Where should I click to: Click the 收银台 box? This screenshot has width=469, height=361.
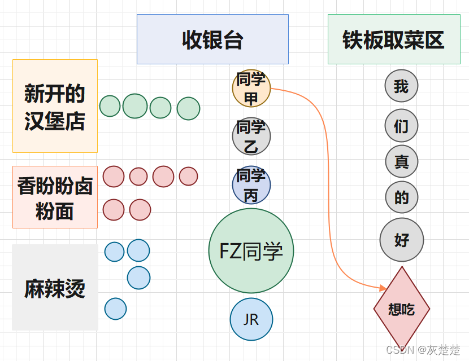coord(212,39)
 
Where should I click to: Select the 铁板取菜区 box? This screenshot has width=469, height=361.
coord(394,39)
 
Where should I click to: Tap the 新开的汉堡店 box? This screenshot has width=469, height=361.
coord(55,106)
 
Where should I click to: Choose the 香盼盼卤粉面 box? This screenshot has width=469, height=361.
coord(55,197)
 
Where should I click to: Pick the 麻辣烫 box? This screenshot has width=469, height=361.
coord(55,287)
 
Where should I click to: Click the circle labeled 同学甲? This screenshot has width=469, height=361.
coord(251,88)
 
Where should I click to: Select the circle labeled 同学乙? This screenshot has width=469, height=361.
coord(251,136)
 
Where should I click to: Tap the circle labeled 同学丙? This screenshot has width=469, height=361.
coord(251,184)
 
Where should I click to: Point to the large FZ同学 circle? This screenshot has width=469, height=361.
coord(251,251)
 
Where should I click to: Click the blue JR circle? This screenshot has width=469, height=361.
coord(251,319)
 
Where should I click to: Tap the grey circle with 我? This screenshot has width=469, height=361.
coord(401,86)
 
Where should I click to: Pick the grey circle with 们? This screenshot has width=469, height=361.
coord(401,126)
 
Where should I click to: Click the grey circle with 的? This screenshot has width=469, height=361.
coord(401,197)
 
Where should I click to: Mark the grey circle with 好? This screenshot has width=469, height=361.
coord(401,240)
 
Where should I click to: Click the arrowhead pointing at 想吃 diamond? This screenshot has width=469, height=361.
coord(383,288)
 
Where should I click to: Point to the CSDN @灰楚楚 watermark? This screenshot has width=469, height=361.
coord(423,350)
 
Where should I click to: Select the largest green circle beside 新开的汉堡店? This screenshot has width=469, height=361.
coord(135,106)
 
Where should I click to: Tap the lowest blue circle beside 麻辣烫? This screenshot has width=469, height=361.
coord(115,309)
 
